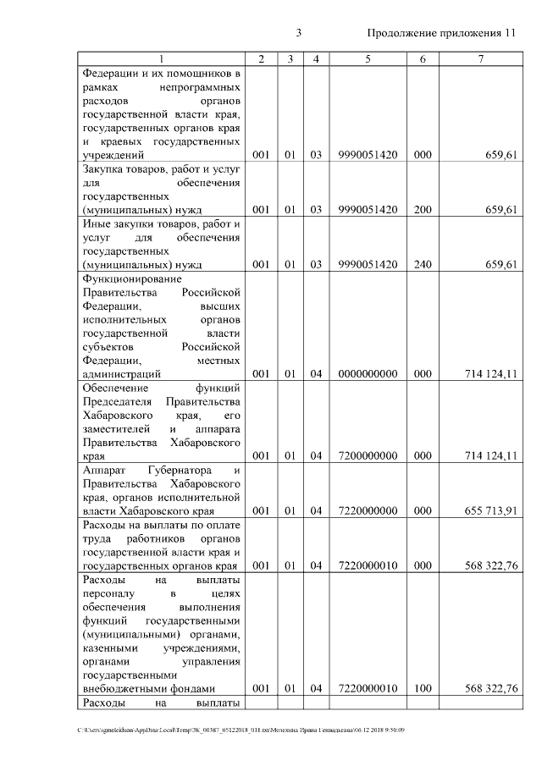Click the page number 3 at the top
[x=299, y=33]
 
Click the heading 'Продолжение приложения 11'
[x=440, y=33]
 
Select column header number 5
[x=368, y=58]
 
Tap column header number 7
[x=480, y=58]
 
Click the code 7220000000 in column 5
[x=368, y=510]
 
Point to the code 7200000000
[x=368, y=455]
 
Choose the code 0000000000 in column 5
[x=368, y=373]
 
